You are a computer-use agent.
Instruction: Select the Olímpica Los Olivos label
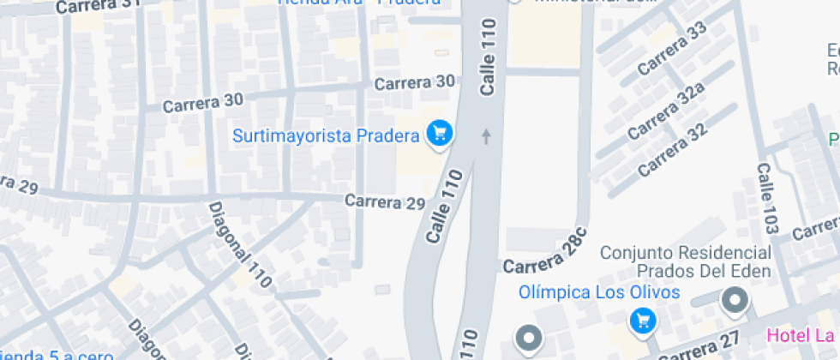coord(598,292)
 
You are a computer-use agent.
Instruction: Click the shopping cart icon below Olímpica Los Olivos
coord(642,321)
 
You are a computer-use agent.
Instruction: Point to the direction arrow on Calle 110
coord(487,135)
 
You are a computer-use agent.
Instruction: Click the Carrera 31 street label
coord(98,6)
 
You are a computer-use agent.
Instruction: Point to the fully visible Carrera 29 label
coord(385,202)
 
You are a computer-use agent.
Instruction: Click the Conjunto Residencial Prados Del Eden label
coord(685,262)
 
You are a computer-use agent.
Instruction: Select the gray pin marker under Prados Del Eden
coord(735,301)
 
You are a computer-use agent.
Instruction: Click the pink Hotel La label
coord(803,334)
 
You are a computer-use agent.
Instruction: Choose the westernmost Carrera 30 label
coord(203,101)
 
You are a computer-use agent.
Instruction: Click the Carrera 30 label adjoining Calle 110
coord(415,82)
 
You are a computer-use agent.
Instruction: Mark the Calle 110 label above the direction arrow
coord(489,57)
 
